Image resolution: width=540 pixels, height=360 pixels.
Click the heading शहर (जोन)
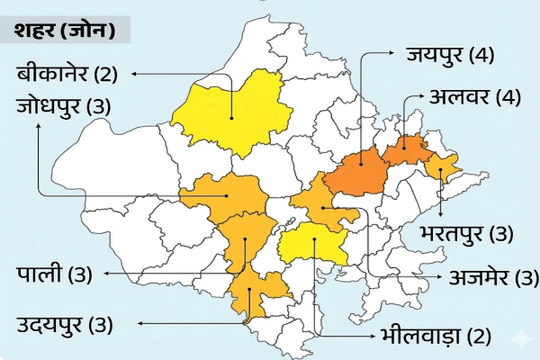pos(64,31)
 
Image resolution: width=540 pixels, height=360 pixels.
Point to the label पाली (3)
pos(55,274)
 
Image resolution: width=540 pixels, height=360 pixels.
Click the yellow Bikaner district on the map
pos(229,112)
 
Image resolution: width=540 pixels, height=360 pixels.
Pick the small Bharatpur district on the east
pos(443,167)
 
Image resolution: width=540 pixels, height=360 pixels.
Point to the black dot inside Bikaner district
pos(232,116)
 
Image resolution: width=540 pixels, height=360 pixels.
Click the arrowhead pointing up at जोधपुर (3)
pos(38,126)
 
